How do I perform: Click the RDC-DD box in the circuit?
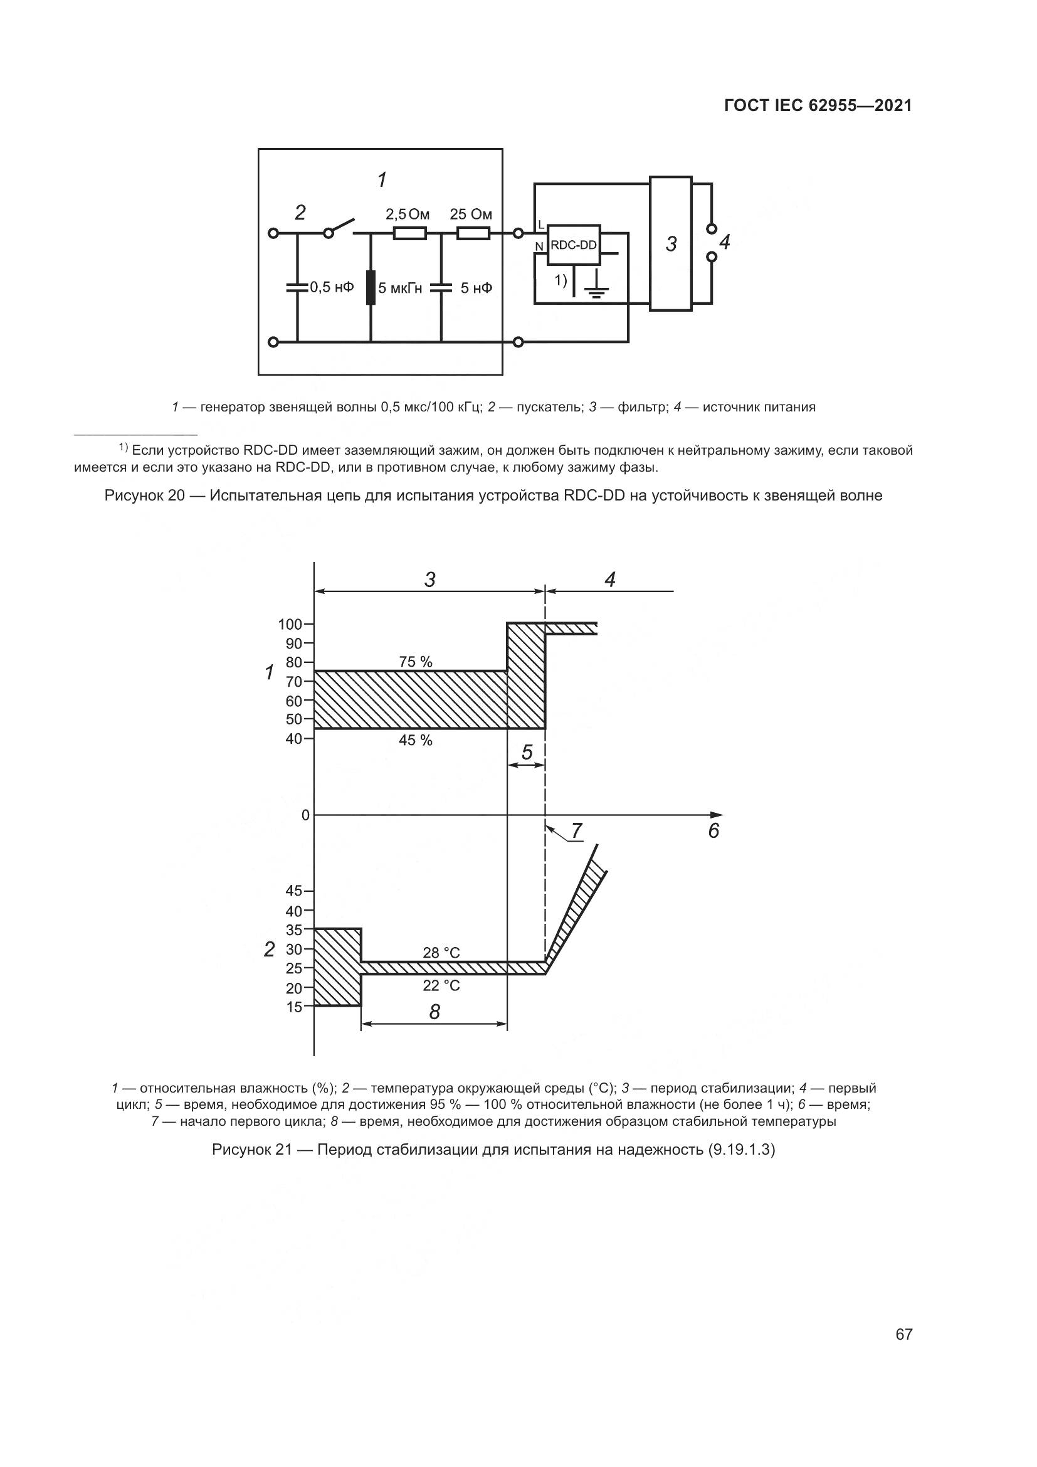[x=574, y=245]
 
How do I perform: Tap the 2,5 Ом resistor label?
[x=408, y=214]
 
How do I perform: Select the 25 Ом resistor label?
[x=471, y=214]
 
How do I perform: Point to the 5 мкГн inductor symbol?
[x=371, y=287]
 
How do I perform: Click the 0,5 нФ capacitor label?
[x=332, y=287]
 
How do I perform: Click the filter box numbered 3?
[x=670, y=243]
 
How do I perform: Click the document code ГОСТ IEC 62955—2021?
[x=818, y=105]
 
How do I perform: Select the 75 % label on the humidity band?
[x=416, y=662]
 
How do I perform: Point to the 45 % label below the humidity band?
[x=416, y=740]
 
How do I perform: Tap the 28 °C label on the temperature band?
[x=441, y=953]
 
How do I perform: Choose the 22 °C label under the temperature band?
[x=441, y=985]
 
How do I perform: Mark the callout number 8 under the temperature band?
[x=434, y=1012]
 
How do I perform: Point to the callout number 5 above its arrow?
[x=527, y=753]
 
